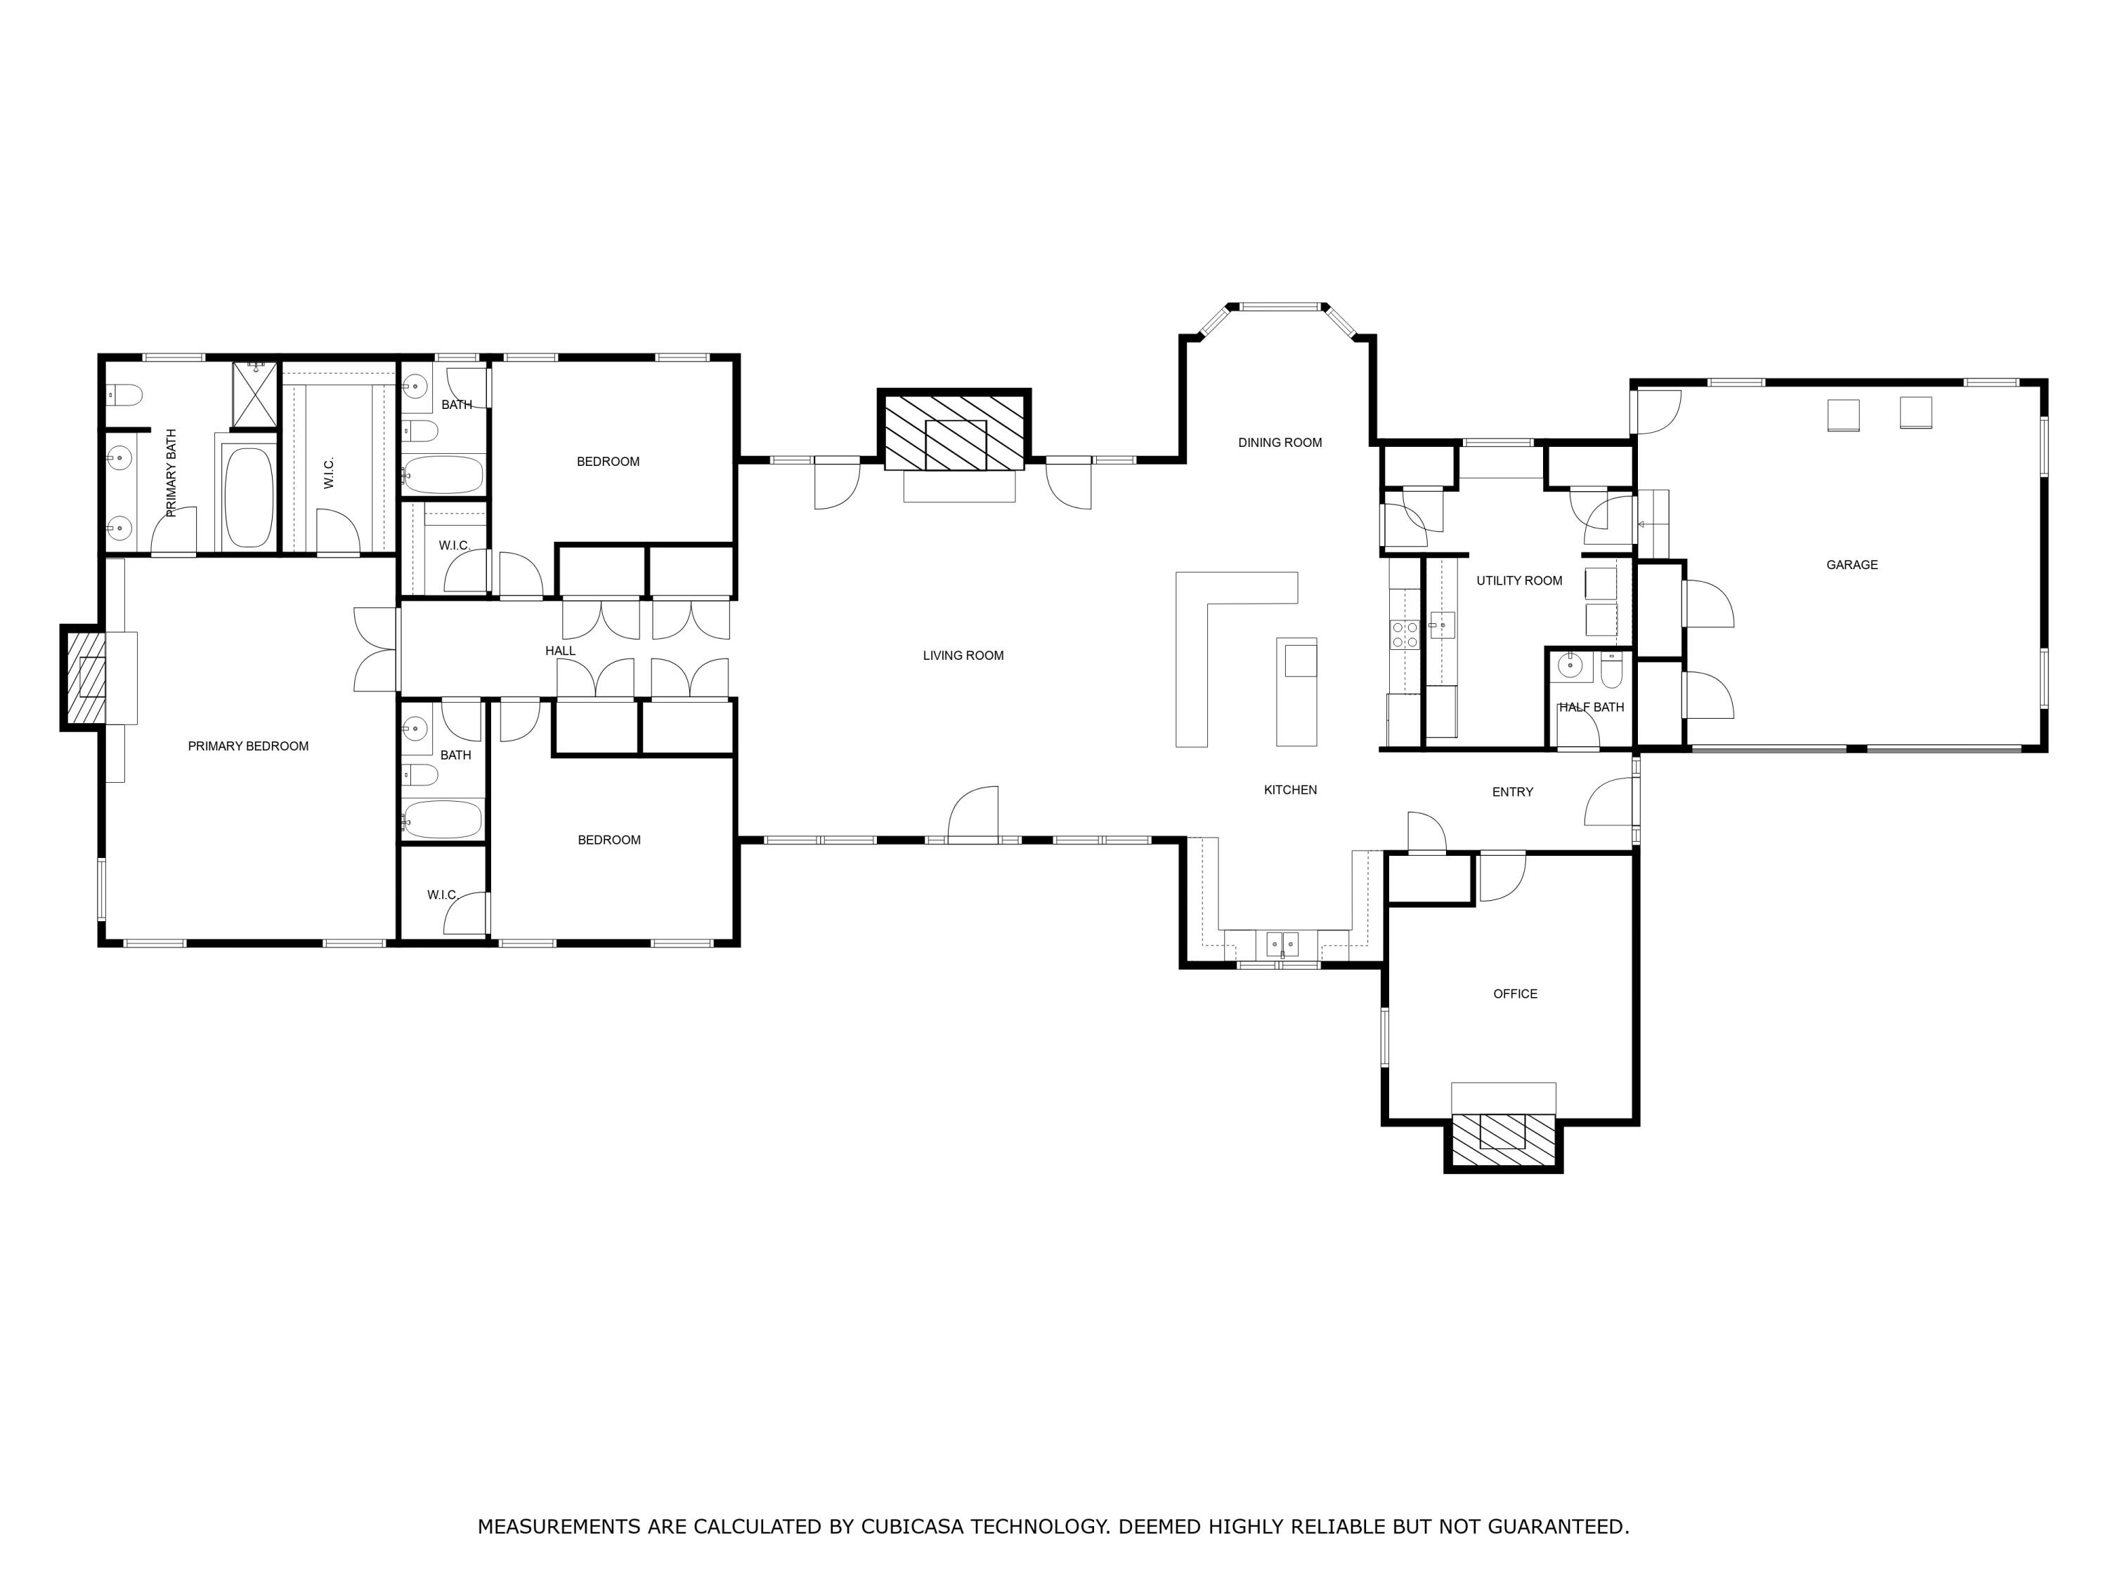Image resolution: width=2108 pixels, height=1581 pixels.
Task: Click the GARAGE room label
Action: [x=1851, y=565]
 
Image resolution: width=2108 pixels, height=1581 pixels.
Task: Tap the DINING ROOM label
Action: [x=1279, y=442]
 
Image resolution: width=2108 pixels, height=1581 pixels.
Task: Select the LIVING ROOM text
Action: [x=963, y=656]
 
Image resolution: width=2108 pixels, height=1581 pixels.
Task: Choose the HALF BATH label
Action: [x=1591, y=707]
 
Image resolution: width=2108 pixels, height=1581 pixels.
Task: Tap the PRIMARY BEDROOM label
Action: [x=248, y=746]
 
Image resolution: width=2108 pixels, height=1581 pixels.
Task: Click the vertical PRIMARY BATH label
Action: [x=171, y=474]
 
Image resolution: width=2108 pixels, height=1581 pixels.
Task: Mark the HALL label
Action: [x=559, y=651]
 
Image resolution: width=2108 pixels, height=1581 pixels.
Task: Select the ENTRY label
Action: [x=1511, y=792]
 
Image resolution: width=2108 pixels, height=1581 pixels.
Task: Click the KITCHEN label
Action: [x=1289, y=790]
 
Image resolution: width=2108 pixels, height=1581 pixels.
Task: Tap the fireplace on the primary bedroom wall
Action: [x=84, y=677]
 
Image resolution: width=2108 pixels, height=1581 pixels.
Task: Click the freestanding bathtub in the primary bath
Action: [x=248, y=497]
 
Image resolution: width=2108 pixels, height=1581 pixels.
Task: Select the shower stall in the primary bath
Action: [x=255, y=393]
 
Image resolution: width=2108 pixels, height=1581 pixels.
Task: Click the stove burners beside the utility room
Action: [x=1404, y=635]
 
